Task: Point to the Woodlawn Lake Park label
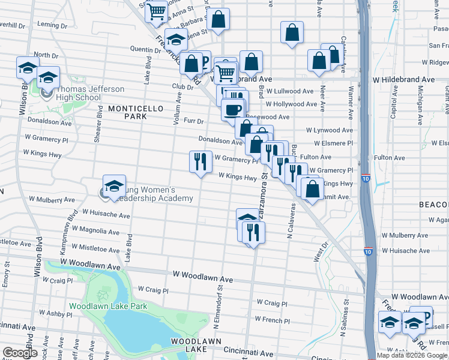click(108, 306)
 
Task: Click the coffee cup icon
click(233, 110)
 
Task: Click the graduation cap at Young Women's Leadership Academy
click(114, 186)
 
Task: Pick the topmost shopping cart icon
click(156, 11)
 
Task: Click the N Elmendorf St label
click(219, 303)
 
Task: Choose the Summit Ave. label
click(336, 197)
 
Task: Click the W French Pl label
click(273, 320)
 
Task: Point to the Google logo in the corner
click(20, 353)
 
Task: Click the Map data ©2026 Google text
click(412, 355)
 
